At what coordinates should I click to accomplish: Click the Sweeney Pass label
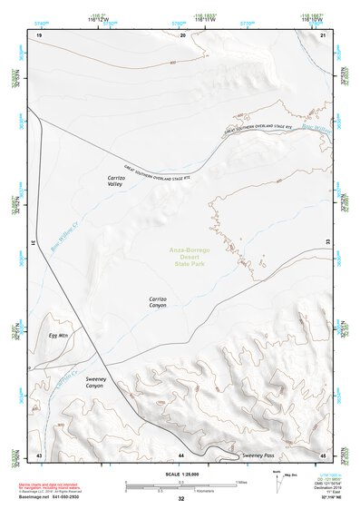tap(258, 454)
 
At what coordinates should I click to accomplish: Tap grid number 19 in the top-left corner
tap(39, 35)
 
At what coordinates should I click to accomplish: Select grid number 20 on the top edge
tap(183, 35)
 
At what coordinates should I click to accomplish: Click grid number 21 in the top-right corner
tap(324, 35)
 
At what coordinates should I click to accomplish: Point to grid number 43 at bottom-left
tap(39, 454)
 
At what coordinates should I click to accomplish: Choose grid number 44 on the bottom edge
tap(181, 454)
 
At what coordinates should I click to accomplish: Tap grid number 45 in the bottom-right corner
tap(324, 454)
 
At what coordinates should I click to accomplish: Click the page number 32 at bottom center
tap(181, 499)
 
